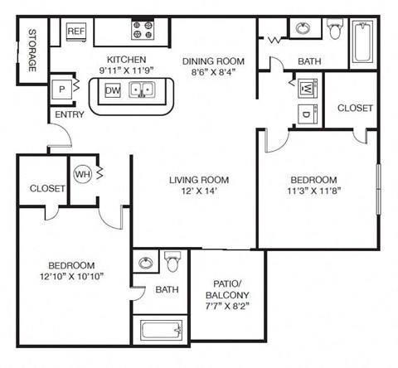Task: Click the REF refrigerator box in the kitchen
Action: point(76,32)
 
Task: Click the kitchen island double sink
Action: point(142,90)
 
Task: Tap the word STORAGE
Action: point(32,52)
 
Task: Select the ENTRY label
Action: point(64,115)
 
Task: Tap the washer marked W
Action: point(304,87)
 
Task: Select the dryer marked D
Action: point(304,114)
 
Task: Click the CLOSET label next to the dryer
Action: point(354,108)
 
